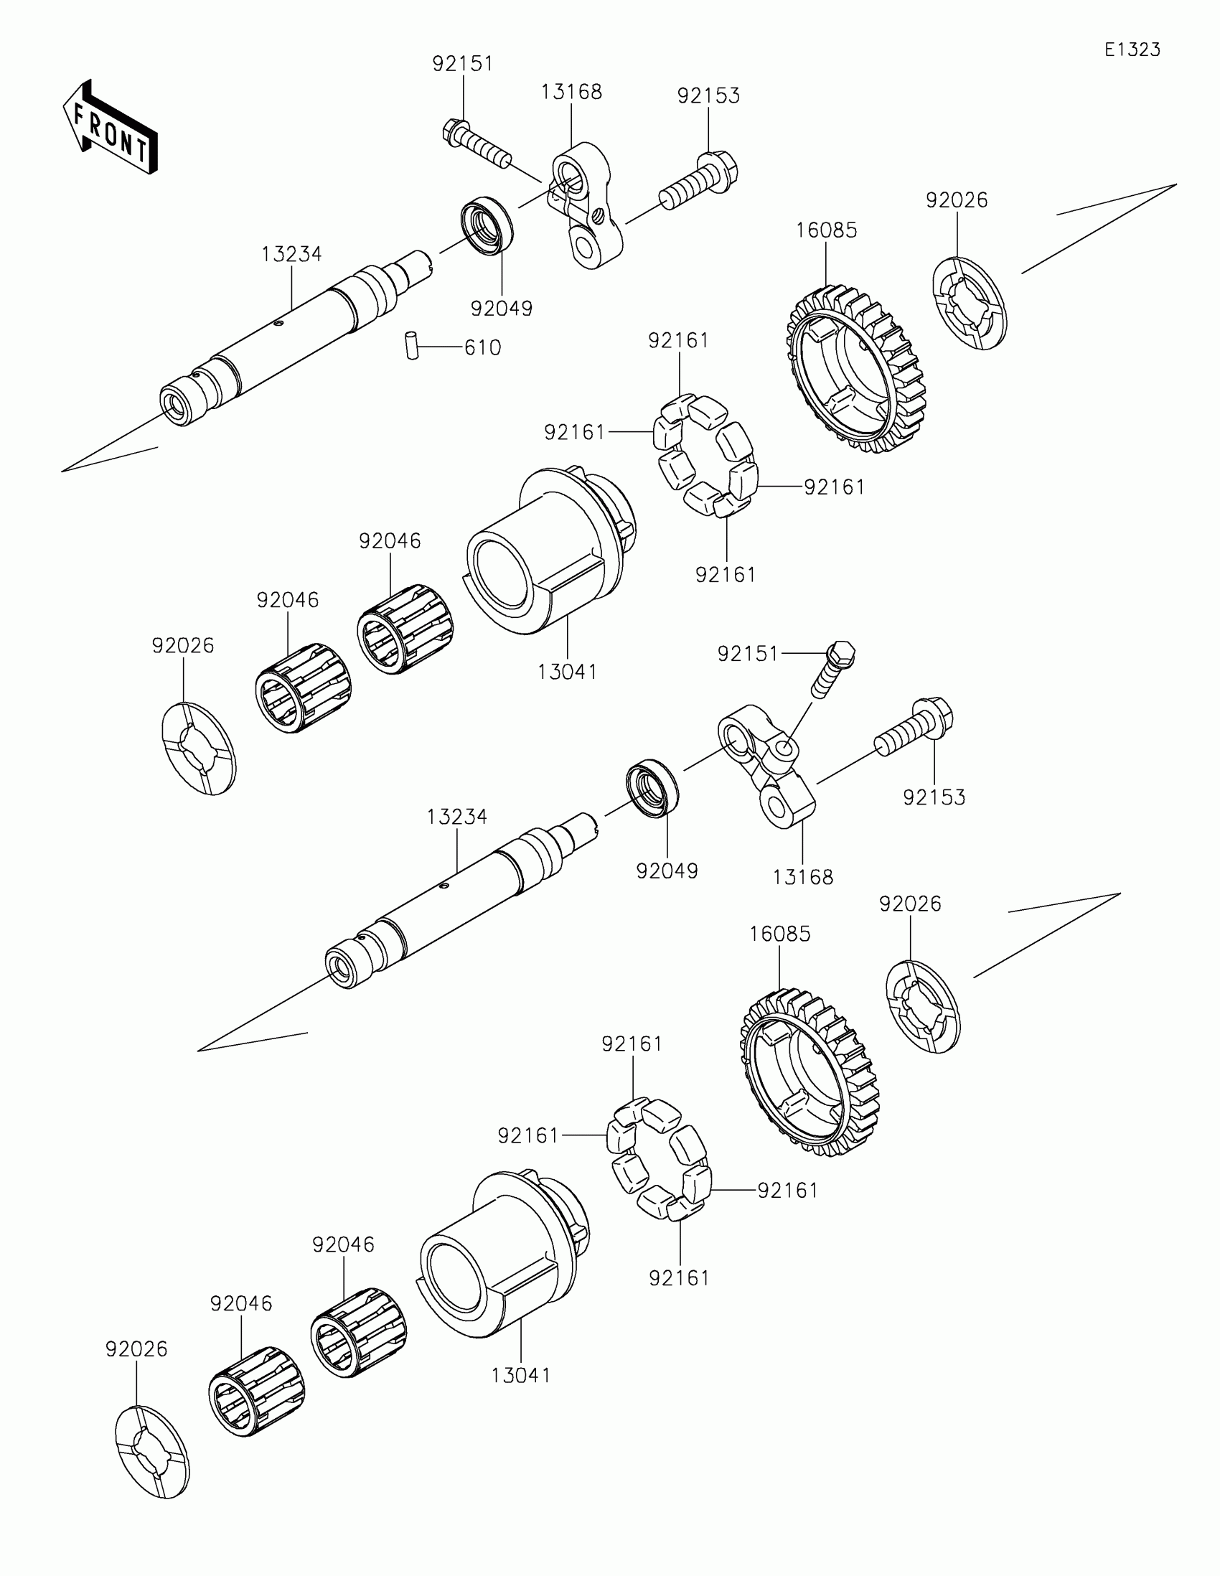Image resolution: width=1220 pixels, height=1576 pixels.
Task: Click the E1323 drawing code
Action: (1132, 50)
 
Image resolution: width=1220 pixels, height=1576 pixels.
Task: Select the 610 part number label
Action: (482, 348)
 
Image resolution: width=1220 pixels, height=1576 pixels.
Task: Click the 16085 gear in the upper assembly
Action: (855, 368)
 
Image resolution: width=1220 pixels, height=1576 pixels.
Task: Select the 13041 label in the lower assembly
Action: (520, 1375)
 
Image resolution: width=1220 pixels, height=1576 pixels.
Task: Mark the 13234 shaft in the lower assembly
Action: (461, 902)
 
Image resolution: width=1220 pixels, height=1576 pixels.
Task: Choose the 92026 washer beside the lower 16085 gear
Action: (923, 1007)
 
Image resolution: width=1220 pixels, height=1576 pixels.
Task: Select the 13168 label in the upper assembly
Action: (571, 92)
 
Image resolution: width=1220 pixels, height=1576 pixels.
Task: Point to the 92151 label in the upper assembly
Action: (462, 63)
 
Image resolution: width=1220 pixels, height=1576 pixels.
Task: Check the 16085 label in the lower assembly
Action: (780, 934)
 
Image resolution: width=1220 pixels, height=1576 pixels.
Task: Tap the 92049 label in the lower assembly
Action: (667, 871)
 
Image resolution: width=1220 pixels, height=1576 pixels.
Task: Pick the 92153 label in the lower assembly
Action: (934, 797)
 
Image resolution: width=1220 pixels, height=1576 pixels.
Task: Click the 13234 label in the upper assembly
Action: (291, 254)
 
